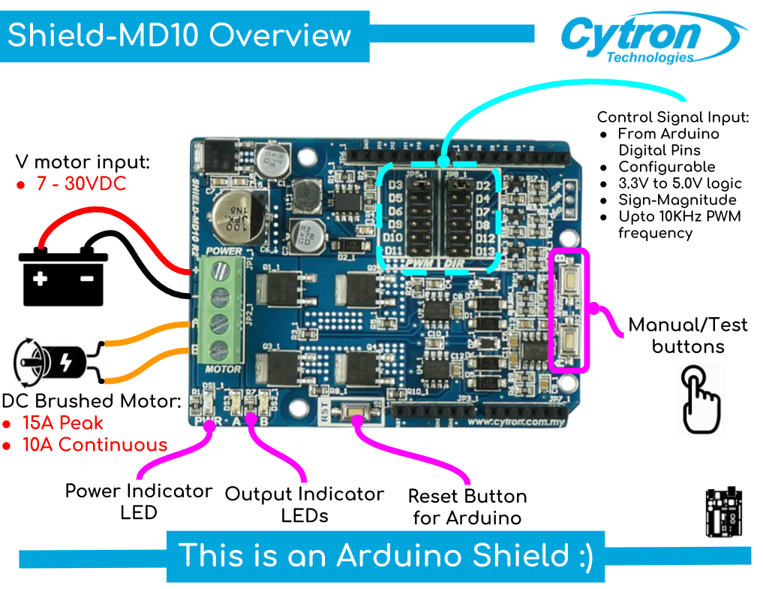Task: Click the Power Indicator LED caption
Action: (139, 501)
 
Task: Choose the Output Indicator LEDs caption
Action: (304, 505)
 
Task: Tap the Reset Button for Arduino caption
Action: (467, 507)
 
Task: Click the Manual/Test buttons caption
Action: (688, 335)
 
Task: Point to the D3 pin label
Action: (396, 186)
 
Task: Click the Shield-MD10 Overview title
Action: (179, 35)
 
